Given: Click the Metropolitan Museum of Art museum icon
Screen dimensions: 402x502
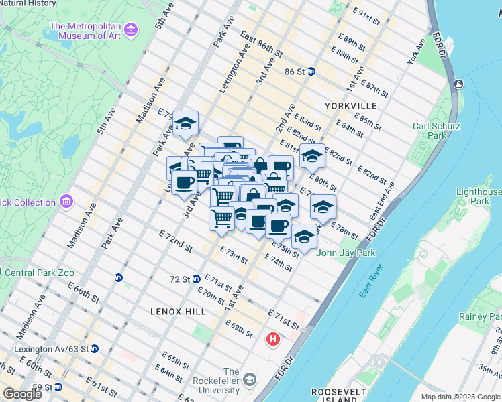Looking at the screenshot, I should [x=131, y=30].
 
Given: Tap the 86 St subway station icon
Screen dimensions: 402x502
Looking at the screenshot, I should [x=311, y=71].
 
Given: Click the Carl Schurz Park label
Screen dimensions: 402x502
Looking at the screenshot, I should [x=436, y=130].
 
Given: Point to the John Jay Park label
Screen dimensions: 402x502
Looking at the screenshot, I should [x=346, y=253].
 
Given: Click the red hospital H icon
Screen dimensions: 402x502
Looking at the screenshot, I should [x=272, y=340].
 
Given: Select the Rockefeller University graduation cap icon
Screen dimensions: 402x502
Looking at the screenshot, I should [x=249, y=380].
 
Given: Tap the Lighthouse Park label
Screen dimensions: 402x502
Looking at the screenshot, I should [x=479, y=196].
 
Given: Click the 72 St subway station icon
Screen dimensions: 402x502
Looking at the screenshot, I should [x=197, y=279].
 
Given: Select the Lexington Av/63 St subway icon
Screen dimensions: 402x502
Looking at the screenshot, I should [x=95, y=348].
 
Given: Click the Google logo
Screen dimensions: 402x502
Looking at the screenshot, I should [x=21, y=394].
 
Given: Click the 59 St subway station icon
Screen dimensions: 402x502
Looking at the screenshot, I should [x=58, y=387].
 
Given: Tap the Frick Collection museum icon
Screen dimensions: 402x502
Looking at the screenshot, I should [x=66, y=202].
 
